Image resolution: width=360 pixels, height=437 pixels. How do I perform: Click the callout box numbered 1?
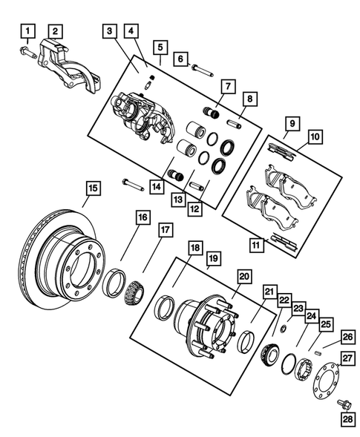pyautogui.click(x=27, y=31)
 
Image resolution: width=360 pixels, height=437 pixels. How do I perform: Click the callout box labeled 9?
pyautogui.click(x=293, y=123)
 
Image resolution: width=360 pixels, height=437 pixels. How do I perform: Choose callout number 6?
pyautogui.click(x=180, y=58)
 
